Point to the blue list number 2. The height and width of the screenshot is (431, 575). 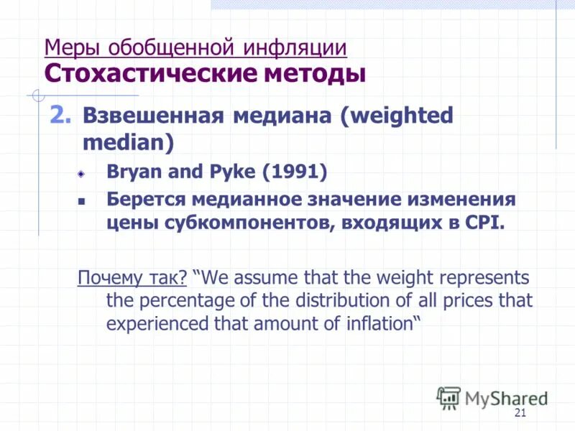(60, 115)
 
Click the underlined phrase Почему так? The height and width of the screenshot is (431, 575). (132, 277)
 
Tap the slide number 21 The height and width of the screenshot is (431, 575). (521, 412)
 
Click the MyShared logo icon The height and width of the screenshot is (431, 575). (448, 397)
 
